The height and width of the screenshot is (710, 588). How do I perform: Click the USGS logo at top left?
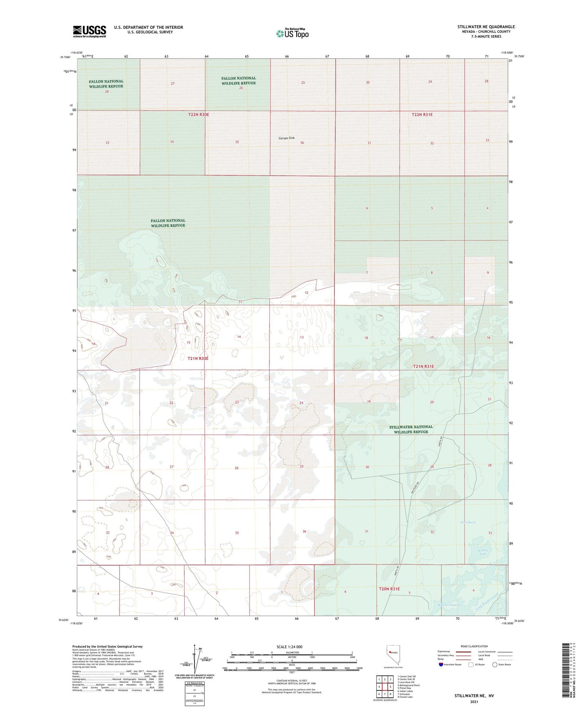click(x=90, y=31)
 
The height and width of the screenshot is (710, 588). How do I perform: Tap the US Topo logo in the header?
click(x=292, y=33)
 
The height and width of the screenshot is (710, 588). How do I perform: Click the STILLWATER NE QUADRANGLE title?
click(x=486, y=27)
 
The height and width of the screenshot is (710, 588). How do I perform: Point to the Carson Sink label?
click(x=286, y=138)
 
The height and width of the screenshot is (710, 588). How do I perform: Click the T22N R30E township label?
click(x=199, y=115)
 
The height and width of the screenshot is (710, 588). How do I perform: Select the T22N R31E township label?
click(x=422, y=115)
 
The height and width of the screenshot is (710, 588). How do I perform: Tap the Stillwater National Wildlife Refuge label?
click(x=411, y=429)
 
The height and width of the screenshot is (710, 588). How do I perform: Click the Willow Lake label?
click(x=483, y=552)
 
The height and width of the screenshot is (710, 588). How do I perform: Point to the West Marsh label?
click(x=468, y=523)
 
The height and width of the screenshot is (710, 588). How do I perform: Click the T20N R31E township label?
click(x=389, y=589)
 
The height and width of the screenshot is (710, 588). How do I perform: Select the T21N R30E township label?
click(x=198, y=358)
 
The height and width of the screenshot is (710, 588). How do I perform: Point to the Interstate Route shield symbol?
click(x=441, y=665)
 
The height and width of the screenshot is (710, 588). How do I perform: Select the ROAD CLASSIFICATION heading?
click(x=474, y=646)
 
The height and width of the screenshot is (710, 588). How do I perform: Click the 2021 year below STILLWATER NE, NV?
click(x=474, y=702)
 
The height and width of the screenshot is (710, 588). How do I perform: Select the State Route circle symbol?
click(x=495, y=665)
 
